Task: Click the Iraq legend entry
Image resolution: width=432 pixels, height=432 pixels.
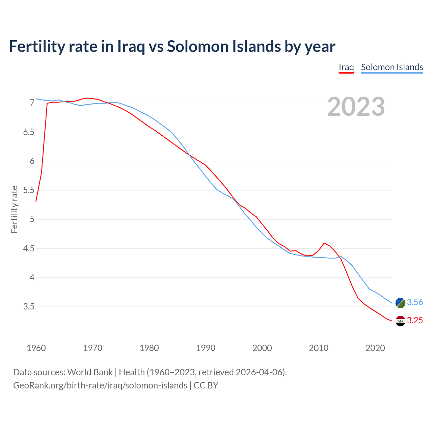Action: [x=346, y=67]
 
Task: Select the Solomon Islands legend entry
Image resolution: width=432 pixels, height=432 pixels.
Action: [x=392, y=67]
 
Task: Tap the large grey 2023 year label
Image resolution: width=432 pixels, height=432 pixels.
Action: [x=356, y=107]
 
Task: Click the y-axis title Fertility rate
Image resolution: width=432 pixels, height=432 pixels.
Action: [x=14, y=209]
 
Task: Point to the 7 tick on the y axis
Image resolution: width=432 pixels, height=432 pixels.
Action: [x=32, y=103]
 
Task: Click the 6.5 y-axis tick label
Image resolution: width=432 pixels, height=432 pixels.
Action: [x=29, y=132]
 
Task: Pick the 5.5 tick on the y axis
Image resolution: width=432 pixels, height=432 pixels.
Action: [x=29, y=190]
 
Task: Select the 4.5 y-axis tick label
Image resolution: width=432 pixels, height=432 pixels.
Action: [x=29, y=249]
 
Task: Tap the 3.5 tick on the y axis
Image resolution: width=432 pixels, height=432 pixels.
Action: [x=29, y=307]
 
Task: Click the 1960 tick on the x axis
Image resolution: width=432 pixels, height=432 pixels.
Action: [x=36, y=348]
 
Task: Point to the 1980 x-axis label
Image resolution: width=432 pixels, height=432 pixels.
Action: [x=149, y=348]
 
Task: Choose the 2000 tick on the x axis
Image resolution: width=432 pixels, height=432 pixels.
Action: [x=262, y=348]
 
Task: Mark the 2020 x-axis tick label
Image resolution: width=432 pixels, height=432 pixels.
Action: [x=375, y=348]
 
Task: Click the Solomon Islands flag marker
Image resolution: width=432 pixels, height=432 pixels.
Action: [x=400, y=303]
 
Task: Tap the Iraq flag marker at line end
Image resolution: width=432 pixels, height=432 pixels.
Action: [x=400, y=321]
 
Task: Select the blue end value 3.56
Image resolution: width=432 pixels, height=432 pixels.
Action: [x=415, y=302]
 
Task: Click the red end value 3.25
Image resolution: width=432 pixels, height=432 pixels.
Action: [x=415, y=321]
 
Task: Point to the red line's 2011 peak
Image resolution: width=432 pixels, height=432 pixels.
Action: [x=324, y=243]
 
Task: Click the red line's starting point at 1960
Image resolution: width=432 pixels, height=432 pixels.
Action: [x=36, y=201]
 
